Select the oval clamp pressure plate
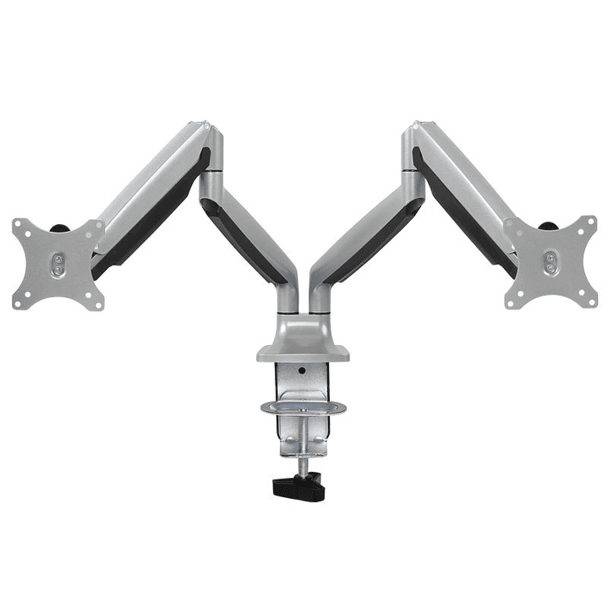(304, 408)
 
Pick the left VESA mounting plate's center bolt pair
(58, 263)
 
